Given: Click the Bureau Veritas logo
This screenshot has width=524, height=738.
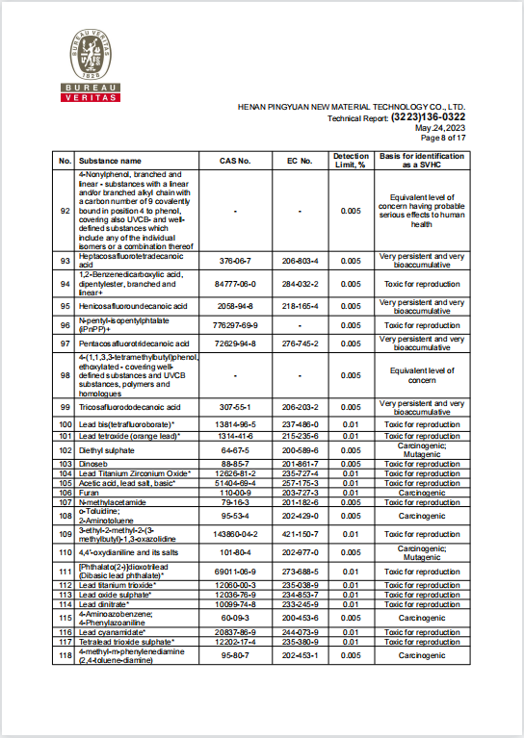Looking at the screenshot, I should tap(93, 67).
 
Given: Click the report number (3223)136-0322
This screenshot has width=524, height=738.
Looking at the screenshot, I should tap(428, 117).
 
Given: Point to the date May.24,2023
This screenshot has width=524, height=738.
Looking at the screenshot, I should tap(440, 128).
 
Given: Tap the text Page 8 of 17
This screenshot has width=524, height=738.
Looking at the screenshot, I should tap(443, 138).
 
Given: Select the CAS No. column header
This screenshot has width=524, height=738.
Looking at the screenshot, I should tap(235, 161).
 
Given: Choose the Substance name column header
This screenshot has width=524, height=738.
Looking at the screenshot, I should tap(110, 161).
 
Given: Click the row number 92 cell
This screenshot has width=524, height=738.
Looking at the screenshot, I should tap(65, 210).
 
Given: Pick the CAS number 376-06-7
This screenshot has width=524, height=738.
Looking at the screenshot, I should tap(235, 261).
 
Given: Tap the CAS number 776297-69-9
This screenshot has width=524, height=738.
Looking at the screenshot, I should tap(235, 325).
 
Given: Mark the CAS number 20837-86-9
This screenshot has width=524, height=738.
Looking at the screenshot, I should tap(235, 631).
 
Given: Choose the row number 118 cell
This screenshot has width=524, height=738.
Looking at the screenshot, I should tap(65, 654).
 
